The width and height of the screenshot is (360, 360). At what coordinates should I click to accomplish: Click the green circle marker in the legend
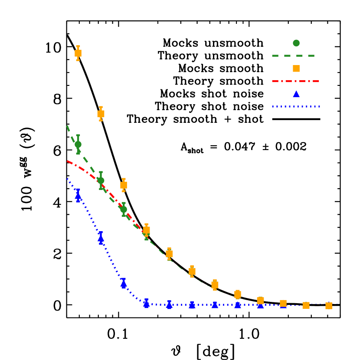click(x=296, y=43)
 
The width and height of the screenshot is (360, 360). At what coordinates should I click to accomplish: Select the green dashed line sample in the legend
click(x=293, y=56)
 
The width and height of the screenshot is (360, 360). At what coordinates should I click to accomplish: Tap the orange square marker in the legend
click(x=296, y=68)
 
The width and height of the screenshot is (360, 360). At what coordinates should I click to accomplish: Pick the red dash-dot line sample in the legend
click(x=295, y=81)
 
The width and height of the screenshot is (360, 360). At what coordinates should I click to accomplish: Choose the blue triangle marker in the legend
click(x=296, y=94)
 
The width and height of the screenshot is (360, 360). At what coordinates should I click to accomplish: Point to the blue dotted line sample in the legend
click(x=296, y=106)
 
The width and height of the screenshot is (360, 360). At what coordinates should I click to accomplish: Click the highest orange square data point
click(x=78, y=53)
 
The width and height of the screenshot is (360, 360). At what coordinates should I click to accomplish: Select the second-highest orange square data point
click(x=101, y=114)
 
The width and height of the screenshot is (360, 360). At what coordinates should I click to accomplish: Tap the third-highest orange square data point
click(x=124, y=185)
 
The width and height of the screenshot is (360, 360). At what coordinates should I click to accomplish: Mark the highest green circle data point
click(x=78, y=144)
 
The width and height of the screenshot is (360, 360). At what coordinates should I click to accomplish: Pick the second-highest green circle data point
click(x=101, y=180)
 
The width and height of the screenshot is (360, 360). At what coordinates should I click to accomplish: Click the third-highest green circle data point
click(x=124, y=209)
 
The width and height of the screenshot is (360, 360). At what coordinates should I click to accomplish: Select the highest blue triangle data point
click(x=78, y=195)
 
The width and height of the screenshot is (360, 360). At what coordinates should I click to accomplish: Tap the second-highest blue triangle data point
click(x=101, y=238)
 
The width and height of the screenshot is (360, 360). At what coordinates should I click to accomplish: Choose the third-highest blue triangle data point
click(x=124, y=284)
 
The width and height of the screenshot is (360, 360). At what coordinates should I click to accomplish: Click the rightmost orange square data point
click(x=329, y=306)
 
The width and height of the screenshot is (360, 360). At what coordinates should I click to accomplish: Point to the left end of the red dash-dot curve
click(x=67, y=161)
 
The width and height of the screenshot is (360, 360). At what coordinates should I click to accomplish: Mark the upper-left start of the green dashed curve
click(x=67, y=126)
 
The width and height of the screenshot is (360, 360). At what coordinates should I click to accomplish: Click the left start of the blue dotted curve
click(x=67, y=178)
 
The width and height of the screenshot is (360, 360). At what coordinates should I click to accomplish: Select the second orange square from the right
click(x=306, y=305)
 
